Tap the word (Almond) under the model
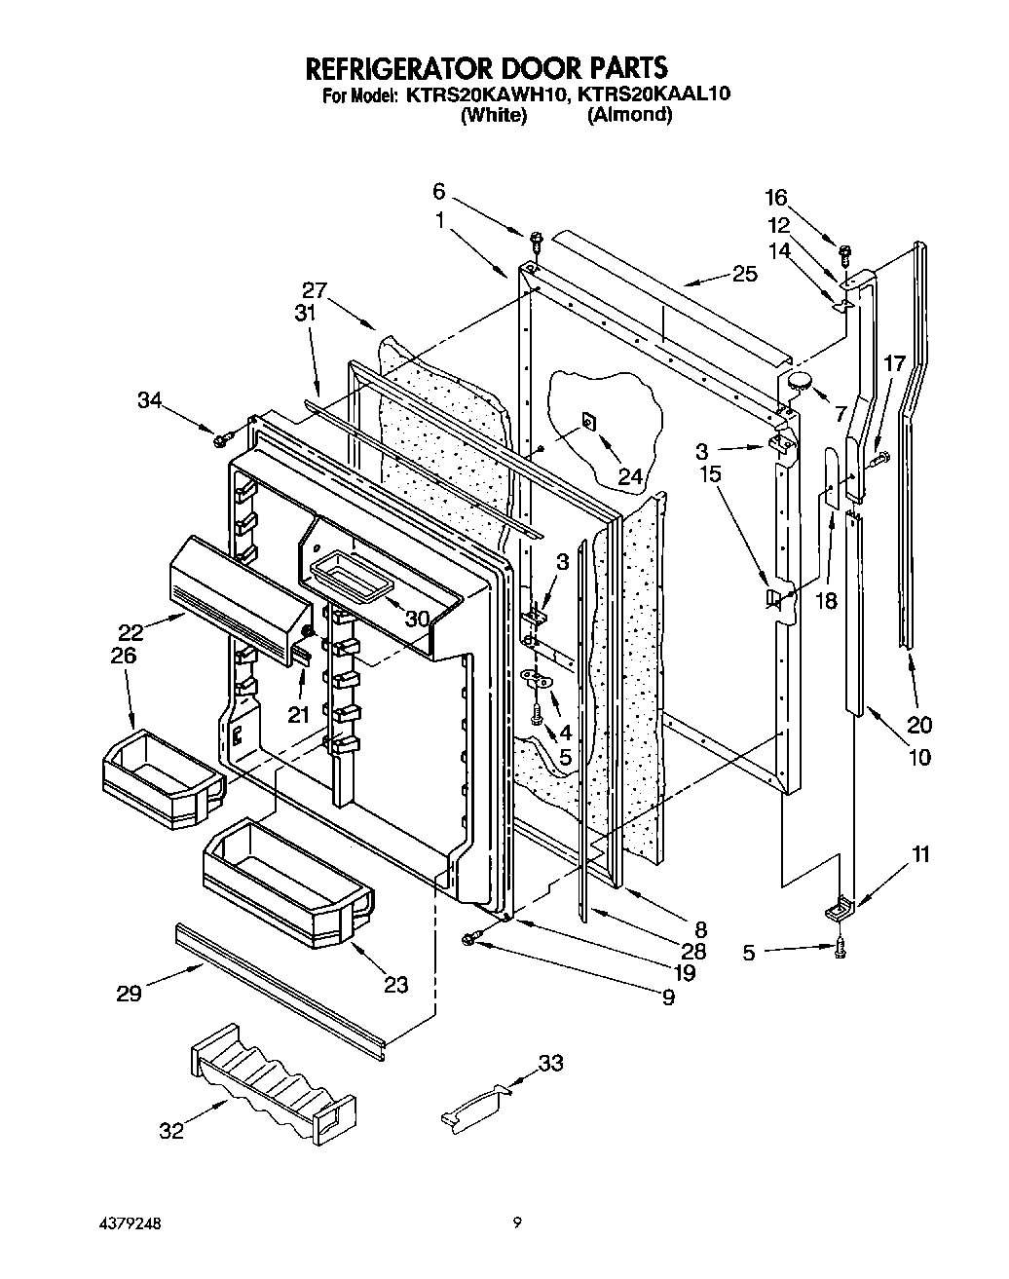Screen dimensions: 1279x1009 click(629, 115)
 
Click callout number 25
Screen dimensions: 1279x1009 click(744, 274)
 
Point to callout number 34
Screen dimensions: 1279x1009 click(149, 400)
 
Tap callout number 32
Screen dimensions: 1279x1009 click(170, 1132)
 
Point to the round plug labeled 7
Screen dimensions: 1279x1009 click(800, 382)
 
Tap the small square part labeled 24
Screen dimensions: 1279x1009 click(589, 421)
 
